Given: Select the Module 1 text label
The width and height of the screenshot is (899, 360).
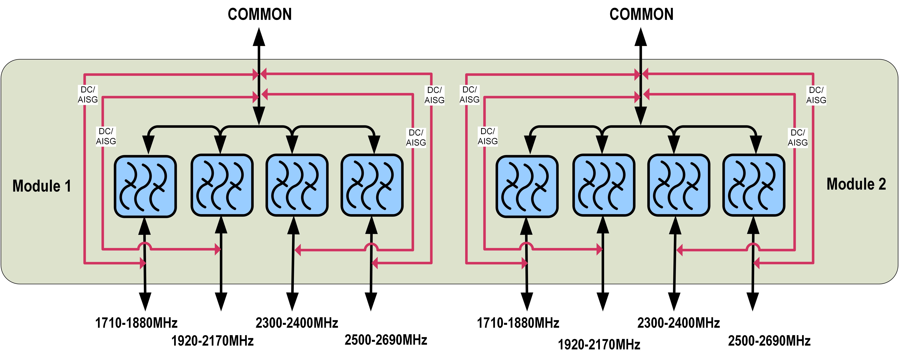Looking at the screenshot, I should pos(42,186).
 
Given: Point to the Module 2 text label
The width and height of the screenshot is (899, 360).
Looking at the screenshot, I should pos(856,184).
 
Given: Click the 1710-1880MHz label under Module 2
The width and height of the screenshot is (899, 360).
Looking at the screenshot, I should pos(518,323).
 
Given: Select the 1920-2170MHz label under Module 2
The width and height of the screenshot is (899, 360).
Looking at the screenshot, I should pos(599,345).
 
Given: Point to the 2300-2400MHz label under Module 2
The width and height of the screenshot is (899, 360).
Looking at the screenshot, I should pos(678,323).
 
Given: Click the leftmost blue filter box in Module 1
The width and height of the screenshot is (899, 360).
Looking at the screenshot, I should pos(145,187).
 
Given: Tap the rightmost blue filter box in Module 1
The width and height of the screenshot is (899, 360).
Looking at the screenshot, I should pos(372,185).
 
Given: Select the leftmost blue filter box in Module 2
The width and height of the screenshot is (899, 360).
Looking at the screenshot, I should pos(527,187).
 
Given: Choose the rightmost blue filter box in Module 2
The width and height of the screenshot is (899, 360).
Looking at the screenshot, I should pos(754,185).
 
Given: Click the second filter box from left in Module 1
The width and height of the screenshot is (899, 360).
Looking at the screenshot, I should pos(222,185).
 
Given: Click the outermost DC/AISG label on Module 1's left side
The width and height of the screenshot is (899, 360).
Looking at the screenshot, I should pos(88,95).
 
